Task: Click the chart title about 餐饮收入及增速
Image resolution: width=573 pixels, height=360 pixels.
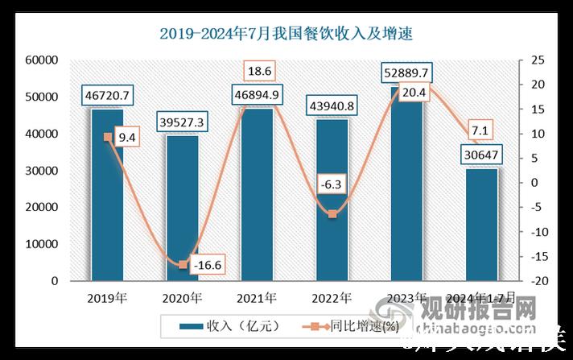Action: tap(286, 33)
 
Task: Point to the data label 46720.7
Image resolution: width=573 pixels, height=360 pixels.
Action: tap(107, 96)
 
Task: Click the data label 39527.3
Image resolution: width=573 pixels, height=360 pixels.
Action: tap(181, 122)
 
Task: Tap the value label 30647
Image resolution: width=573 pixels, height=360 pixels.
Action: tap(481, 155)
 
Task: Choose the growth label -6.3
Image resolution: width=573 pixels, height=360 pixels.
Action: tap(332, 184)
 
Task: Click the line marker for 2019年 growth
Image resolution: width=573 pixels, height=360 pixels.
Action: tap(107, 137)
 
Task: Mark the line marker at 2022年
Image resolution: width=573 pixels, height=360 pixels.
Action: tap(332, 214)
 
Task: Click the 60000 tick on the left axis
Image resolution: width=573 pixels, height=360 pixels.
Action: tap(40, 60)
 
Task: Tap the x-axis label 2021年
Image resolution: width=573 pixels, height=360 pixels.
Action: tap(257, 298)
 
